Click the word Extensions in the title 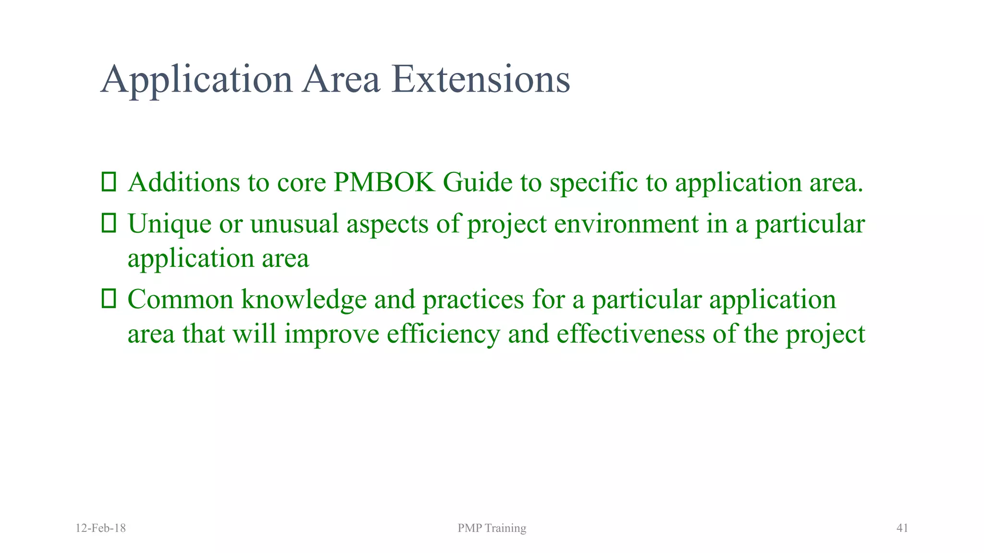(x=480, y=79)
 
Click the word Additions (x=184, y=182)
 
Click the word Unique (x=169, y=224)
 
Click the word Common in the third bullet (x=180, y=300)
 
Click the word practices (x=473, y=300)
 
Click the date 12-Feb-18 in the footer (x=101, y=528)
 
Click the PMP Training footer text (x=492, y=528)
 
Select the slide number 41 (x=902, y=528)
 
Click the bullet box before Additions (x=109, y=182)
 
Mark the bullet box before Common (x=109, y=299)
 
